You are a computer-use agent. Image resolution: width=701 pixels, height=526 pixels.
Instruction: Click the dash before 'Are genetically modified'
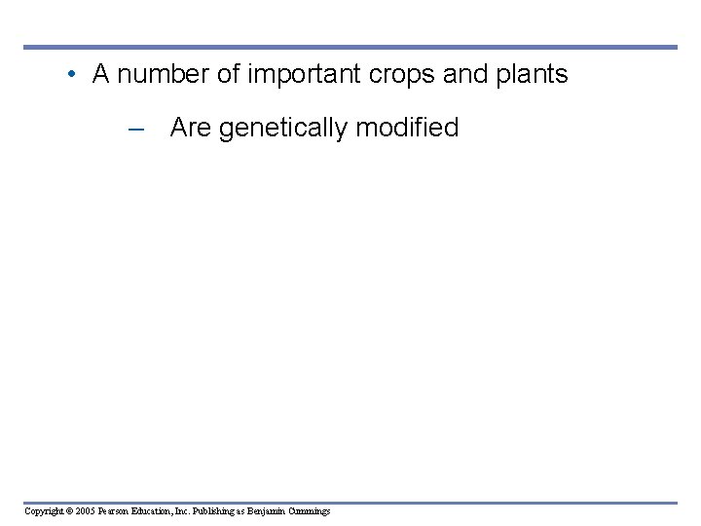[x=136, y=129]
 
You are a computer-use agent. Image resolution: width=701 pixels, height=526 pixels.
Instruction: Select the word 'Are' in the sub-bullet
[x=191, y=129]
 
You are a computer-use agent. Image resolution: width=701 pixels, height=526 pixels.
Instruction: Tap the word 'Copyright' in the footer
[x=45, y=511]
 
